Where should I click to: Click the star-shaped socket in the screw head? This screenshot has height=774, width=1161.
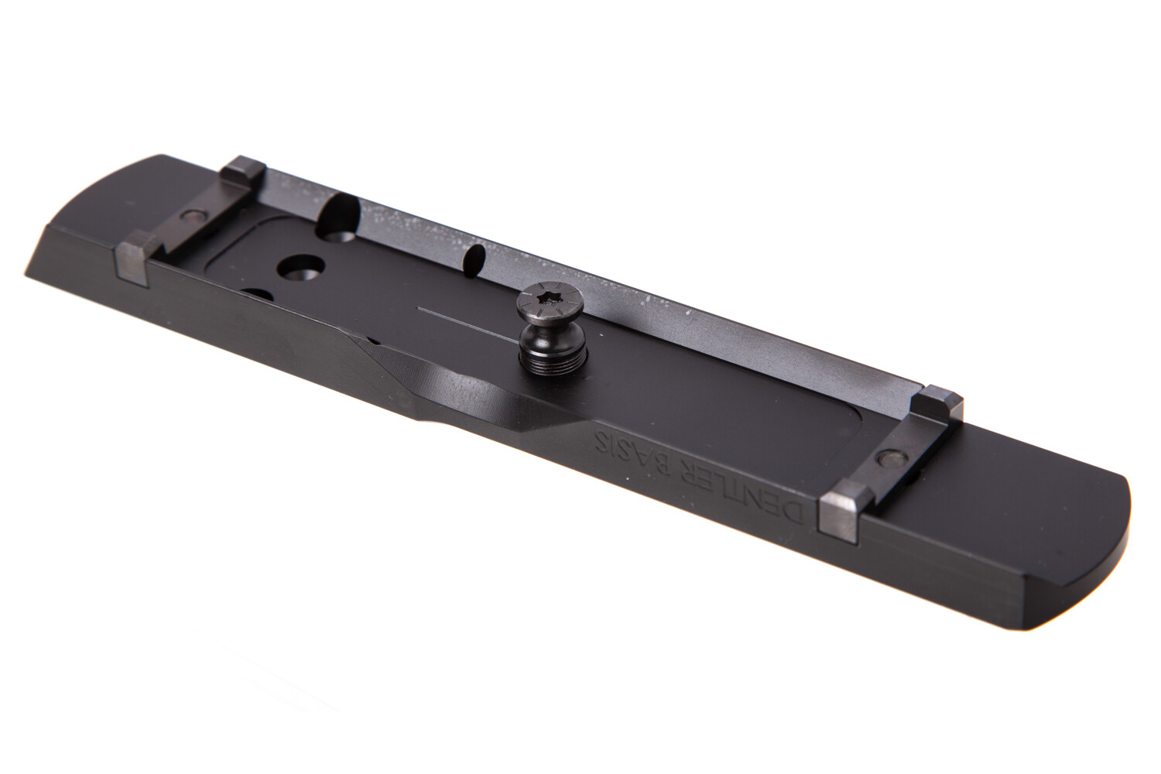click(543, 297)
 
